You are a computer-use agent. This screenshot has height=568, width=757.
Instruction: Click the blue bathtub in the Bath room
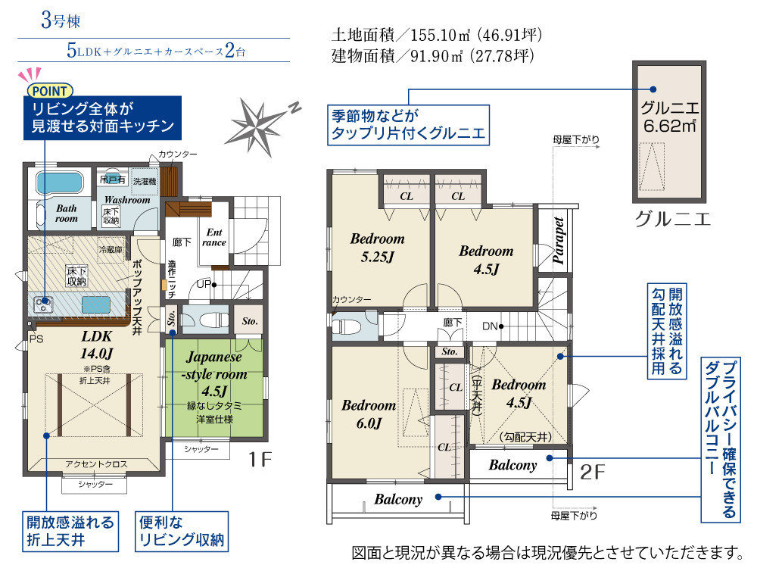[59, 183]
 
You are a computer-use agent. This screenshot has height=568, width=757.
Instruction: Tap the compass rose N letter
[295, 108]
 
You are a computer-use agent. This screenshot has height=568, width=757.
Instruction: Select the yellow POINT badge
[50, 90]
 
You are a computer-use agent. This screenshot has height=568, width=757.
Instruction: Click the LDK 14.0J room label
[97, 345]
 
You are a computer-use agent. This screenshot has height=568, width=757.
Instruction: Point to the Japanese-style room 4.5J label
[214, 373]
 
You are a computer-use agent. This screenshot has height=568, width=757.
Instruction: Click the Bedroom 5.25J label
[378, 248]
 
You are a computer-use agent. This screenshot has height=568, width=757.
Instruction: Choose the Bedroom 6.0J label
[369, 414]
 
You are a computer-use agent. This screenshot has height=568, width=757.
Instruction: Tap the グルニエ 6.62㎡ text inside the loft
[670, 117]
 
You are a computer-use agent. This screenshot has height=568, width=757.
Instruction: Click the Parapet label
[559, 240]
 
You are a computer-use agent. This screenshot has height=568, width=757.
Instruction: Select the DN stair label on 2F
[490, 326]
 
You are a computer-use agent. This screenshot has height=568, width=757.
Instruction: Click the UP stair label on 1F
[204, 284]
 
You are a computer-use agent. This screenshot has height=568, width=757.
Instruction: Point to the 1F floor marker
[260, 460]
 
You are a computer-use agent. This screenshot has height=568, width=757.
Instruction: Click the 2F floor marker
[593, 472]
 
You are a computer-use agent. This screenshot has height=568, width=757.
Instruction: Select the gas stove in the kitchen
[42, 304]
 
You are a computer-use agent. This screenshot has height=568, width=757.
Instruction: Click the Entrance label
[214, 237]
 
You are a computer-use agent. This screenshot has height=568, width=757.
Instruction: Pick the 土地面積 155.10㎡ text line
[437, 35]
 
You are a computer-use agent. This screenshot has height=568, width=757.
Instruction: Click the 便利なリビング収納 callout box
[182, 532]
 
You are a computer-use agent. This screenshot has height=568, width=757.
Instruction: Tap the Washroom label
[127, 199]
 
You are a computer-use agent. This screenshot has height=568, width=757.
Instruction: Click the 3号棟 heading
[61, 20]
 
